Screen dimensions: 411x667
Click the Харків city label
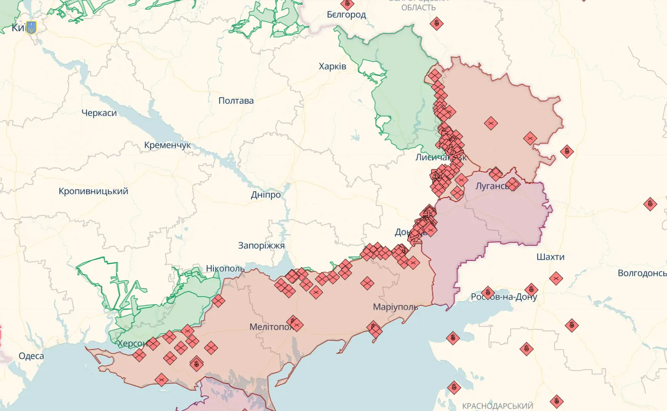tap(333, 66)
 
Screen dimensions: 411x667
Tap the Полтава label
tap(236, 101)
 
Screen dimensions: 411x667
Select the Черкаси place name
tap(99, 113)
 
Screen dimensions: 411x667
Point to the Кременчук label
tap(167, 145)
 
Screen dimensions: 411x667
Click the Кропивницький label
tap(94, 191)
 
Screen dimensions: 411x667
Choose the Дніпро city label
tap(266, 195)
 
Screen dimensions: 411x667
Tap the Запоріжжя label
tap(261, 245)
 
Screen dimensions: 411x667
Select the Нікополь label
tap(225, 269)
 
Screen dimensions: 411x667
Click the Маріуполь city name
tap(395, 307)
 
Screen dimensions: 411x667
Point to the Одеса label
tap(31, 356)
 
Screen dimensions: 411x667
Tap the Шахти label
tap(550, 257)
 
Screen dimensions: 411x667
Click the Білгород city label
tap(346, 14)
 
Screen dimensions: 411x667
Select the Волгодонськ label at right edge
tap(642, 273)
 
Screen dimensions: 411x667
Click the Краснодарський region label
tap(497, 406)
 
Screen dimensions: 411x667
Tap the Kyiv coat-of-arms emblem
tap(31, 28)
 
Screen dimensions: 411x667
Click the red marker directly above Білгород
tap(347, 4)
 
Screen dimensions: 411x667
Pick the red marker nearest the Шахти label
tap(556, 278)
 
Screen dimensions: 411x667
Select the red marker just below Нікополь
tap(218, 301)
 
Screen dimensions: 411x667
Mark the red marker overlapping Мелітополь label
tap(294, 323)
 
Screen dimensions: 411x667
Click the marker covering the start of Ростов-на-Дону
tap(487, 293)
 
